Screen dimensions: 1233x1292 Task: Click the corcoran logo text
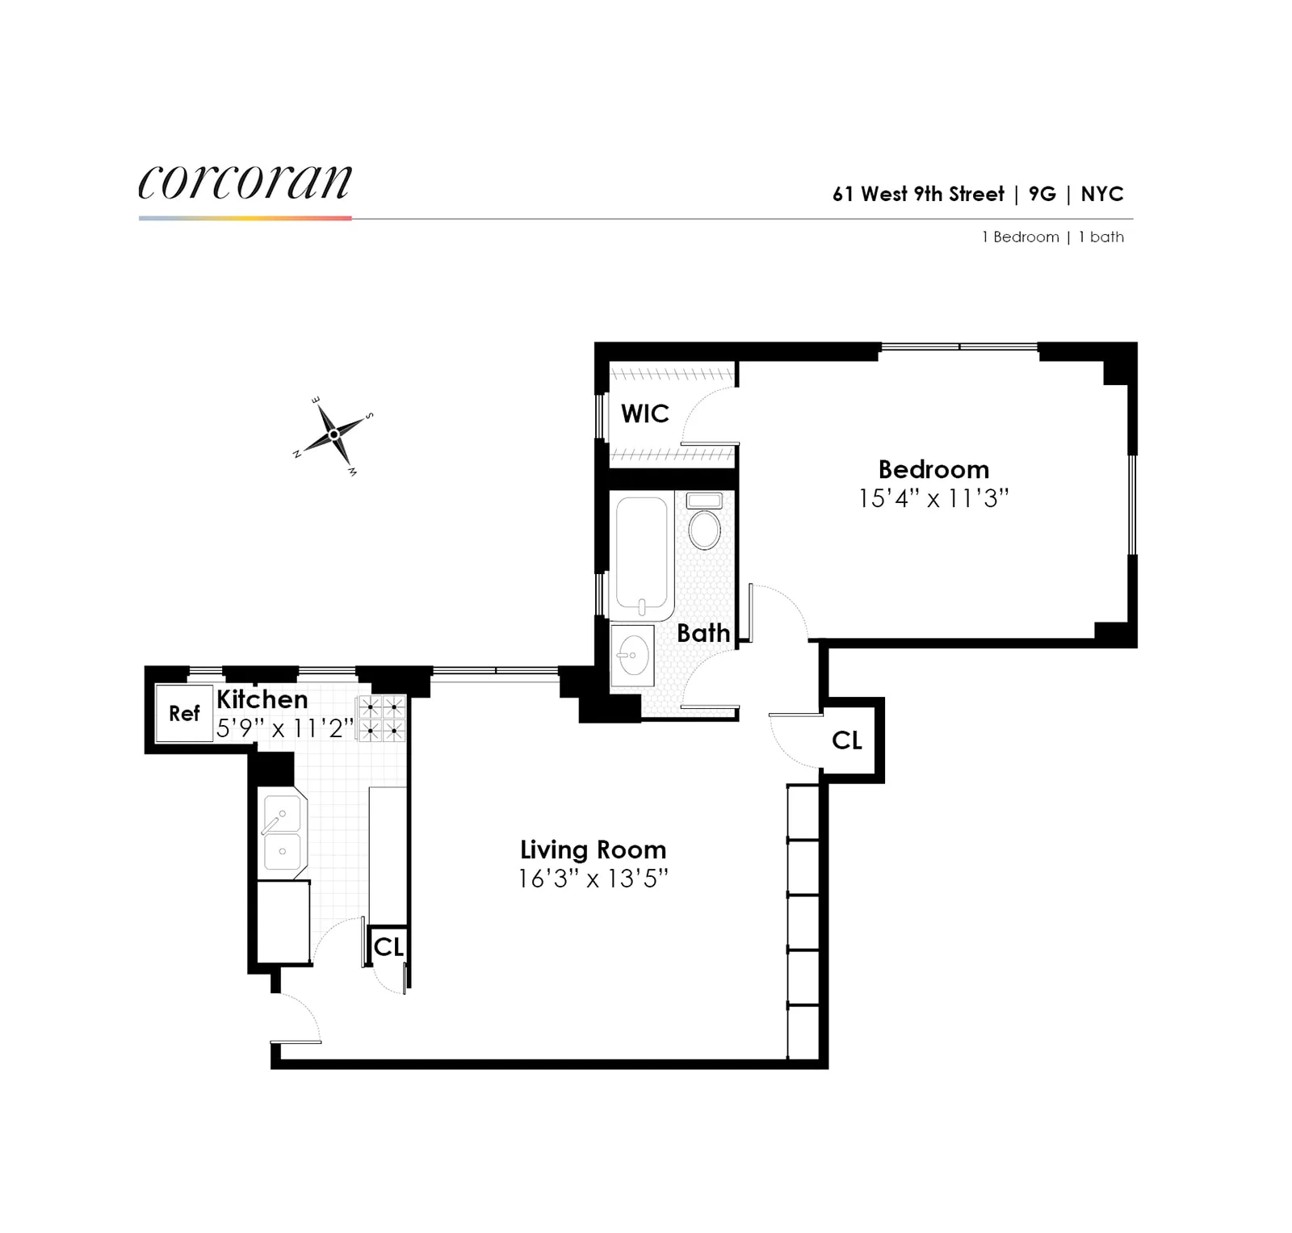click(245, 182)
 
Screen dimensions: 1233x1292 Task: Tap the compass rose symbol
click(333, 434)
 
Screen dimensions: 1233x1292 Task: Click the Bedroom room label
click(933, 469)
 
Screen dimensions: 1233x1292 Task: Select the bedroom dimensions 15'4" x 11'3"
click(933, 498)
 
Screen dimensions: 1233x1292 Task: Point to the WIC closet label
click(644, 413)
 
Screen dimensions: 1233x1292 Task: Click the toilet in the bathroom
click(704, 526)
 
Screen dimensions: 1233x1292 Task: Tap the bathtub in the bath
click(642, 556)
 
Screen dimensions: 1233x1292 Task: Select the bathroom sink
click(632, 654)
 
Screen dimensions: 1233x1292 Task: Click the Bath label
click(703, 633)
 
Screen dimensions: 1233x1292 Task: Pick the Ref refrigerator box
click(184, 713)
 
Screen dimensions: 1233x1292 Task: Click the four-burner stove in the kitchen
click(382, 718)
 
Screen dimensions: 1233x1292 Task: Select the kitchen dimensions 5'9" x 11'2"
click(285, 728)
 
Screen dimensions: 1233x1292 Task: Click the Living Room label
click(593, 849)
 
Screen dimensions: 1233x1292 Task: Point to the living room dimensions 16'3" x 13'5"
click(593, 879)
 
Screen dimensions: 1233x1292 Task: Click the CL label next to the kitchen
click(388, 946)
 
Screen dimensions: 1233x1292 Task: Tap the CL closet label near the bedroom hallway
click(846, 740)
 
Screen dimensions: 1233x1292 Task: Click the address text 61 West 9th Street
click(918, 195)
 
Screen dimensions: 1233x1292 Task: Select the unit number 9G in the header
click(1042, 195)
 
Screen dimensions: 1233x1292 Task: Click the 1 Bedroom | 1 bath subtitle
click(1052, 237)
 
